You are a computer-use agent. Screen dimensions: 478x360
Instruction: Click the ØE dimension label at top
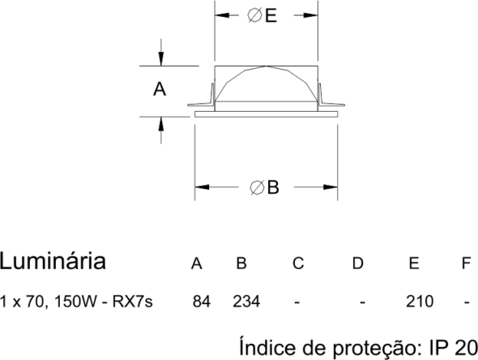coord(262,15)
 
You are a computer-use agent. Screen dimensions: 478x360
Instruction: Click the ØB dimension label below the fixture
coord(264,187)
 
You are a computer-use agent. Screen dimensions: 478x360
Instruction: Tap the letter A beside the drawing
coord(160,89)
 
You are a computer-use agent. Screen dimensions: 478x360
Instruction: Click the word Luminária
coord(53,261)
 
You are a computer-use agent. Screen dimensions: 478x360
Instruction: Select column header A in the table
coord(197,263)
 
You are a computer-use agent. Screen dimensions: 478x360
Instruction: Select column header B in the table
coord(241,263)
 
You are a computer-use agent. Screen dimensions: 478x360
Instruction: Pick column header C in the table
coord(298,263)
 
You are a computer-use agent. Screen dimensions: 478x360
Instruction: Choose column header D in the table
coord(358,263)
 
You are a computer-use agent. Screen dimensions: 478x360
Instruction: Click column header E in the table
coord(414,263)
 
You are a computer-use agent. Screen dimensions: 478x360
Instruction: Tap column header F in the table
coord(467,263)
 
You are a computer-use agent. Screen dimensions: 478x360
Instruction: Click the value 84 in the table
coord(202,302)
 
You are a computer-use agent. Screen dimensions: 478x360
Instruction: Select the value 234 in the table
coord(246,302)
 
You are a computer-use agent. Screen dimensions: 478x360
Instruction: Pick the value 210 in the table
coord(420,302)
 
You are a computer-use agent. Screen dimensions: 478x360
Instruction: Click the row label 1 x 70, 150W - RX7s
coord(76,302)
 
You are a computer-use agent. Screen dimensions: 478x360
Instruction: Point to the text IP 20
coord(454,347)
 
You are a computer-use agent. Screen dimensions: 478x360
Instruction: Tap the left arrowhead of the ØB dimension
coord(202,187)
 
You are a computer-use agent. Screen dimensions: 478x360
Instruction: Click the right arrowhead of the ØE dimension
coord(310,15)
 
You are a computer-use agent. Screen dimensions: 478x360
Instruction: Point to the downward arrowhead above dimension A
coord(161,59)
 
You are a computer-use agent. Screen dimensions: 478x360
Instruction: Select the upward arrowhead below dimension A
coord(161,124)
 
